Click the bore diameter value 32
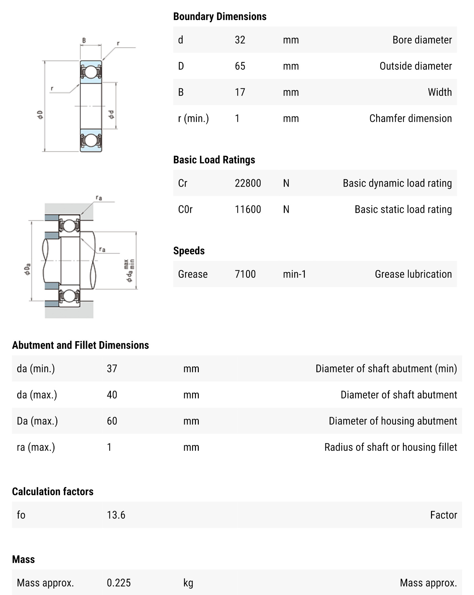[240, 40]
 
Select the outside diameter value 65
[240, 66]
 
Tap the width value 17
[240, 92]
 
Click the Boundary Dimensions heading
[219, 17]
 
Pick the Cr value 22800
[248, 183]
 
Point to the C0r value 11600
[248, 209]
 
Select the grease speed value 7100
[245, 274]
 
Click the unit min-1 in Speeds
[294, 274]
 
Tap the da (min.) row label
[36, 369]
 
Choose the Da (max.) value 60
[112, 421]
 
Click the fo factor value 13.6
[116, 515]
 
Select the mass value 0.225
[118, 583]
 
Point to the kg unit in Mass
[188, 583]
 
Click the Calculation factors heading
[53, 491]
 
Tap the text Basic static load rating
[403, 209]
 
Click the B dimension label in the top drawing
[84, 40]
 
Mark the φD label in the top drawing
[40, 115]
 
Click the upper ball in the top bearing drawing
[91, 72]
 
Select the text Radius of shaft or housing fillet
[391, 447]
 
